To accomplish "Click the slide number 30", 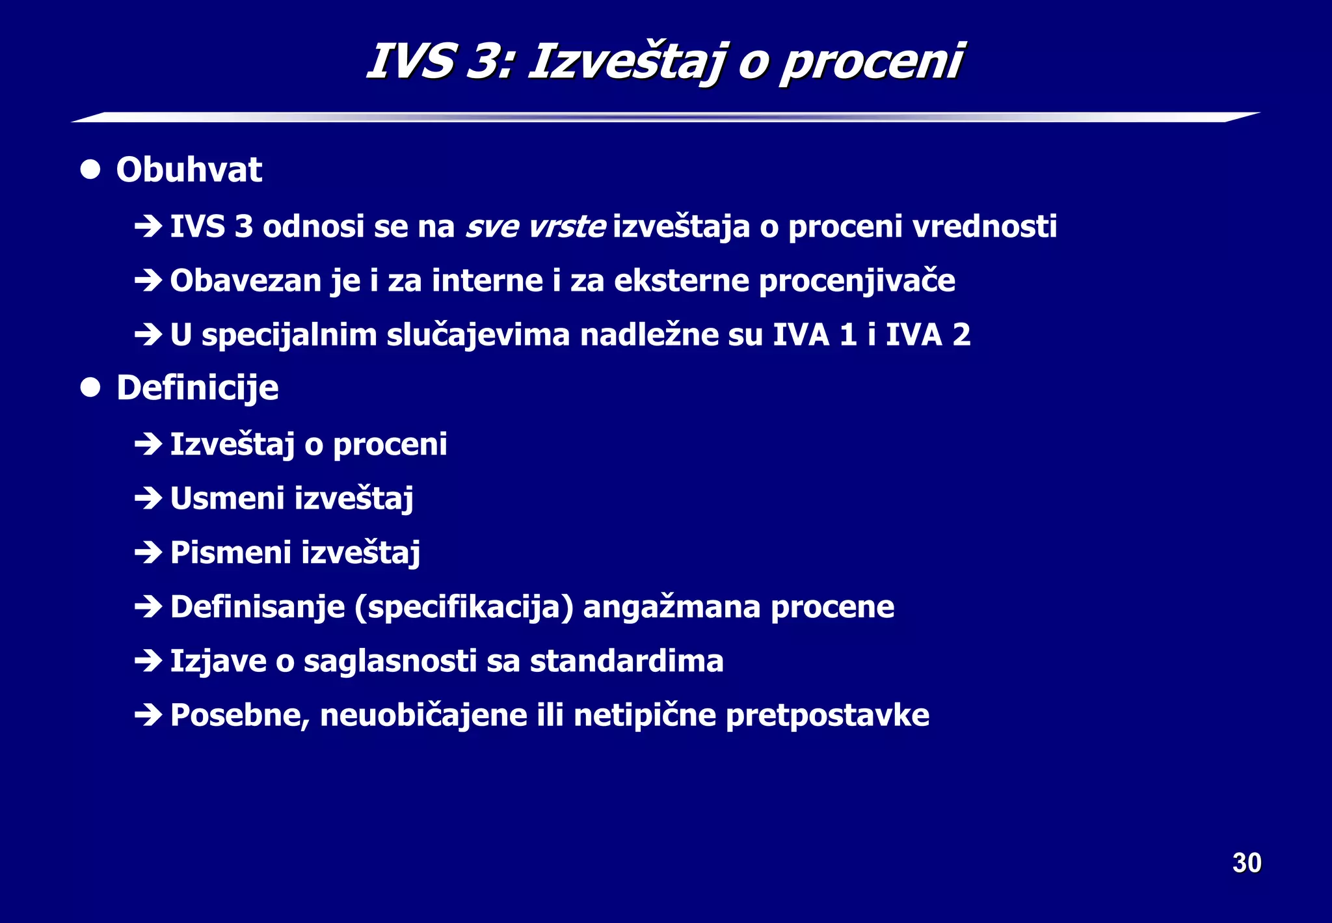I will (x=1246, y=863).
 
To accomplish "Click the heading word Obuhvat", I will (x=189, y=170).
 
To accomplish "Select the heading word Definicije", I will (x=197, y=388).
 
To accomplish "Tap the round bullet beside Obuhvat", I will (x=90, y=170).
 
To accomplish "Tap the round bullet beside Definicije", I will (x=90, y=388).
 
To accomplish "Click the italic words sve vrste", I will (x=535, y=226).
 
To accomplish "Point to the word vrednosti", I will (x=984, y=226).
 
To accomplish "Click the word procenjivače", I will (x=857, y=281).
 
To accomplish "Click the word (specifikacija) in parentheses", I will (x=464, y=607).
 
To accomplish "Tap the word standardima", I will (x=626, y=661).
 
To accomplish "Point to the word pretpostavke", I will (x=827, y=715).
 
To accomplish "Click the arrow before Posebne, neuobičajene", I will (x=148, y=716).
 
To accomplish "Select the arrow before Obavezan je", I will (x=148, y=281).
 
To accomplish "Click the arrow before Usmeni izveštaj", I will (x=148, y=499).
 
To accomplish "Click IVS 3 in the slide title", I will (x=440, y=62).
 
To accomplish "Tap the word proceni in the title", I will (x=871, y=62).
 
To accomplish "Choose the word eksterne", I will (x=682, y=281).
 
